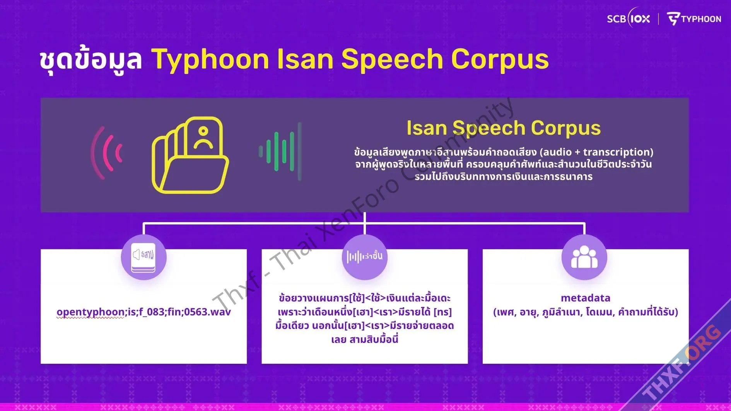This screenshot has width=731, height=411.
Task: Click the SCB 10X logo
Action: coord(628,18)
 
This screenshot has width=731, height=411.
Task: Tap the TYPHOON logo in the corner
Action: coord(694,19)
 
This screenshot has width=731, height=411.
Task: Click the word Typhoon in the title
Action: coord(210,60)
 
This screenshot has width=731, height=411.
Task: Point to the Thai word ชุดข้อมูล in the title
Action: coord(91,60)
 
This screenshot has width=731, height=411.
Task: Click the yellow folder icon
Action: coord(190,155)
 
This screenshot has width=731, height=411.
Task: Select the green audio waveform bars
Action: coord(280,151)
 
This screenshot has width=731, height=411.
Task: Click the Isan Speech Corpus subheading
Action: coord(504,128)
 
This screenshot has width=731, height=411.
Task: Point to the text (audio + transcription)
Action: coord(596,152)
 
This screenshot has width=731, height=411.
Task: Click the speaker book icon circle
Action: coord(144,257)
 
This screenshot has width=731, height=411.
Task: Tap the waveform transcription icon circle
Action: coord(365,257)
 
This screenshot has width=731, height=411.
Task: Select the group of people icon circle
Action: coord(584,257)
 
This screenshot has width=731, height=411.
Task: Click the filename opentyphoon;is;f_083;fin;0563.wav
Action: coord(143,312)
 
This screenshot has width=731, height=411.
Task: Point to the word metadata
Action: coord(586,298)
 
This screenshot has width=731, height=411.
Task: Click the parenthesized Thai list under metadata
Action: coord(586,312)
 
